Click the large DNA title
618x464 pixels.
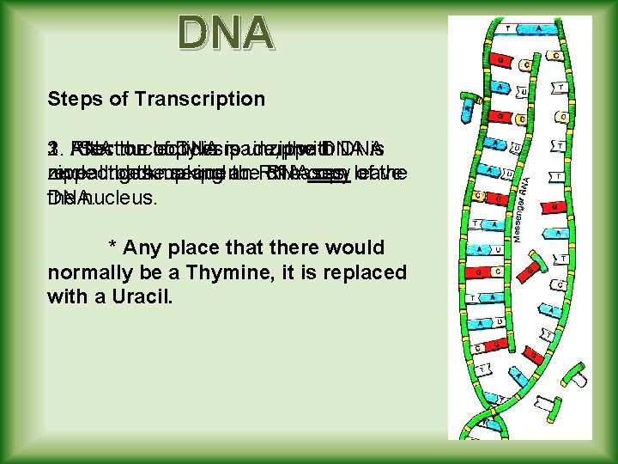point(226,34)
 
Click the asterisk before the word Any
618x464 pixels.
point(112,248)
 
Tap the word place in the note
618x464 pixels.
point(191,248)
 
